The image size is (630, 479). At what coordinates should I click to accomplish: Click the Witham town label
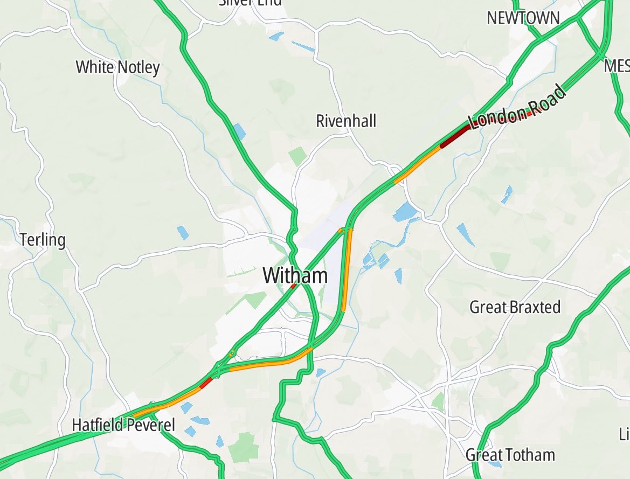tap(295, 276)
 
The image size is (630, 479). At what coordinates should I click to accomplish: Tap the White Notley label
tap(117, 67)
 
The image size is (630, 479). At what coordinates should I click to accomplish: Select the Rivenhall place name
tap(346, 121)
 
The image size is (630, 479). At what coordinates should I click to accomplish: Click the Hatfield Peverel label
tap(123, 425)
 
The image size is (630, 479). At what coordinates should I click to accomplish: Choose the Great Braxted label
tap(515, 308)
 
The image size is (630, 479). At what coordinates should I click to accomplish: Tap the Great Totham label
tap(510, 455)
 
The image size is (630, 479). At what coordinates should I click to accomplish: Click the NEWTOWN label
tap(523, 18)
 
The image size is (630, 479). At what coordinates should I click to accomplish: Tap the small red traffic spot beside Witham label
tap(293, 286)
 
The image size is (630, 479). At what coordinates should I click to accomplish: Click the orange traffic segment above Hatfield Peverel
tap(162, 405)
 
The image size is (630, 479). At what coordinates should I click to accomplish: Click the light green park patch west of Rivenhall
tap(297, 156)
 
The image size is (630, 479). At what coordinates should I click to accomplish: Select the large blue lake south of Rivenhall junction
tap(405, 213)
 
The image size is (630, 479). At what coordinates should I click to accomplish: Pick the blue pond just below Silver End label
tap(275, 36)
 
